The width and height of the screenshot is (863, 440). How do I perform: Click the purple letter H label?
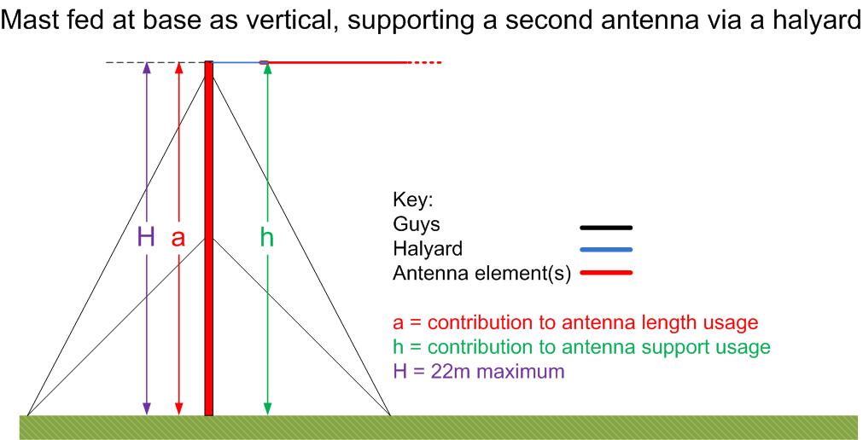point(146,238)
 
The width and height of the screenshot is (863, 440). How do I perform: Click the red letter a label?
point(178,239)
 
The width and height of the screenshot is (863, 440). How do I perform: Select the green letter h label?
point(267,238)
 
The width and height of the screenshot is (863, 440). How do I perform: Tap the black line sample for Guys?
point(606,227)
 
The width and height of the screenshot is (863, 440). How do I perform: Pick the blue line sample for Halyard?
point(606,250)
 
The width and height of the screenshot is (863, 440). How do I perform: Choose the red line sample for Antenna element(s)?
point(606,272)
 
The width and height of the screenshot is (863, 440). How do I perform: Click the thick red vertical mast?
point(208,238)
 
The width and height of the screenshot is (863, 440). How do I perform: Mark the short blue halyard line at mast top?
point(236,62)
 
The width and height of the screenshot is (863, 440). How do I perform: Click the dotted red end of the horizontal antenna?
point(423,63)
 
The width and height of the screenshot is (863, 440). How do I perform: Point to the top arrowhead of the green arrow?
point(267,67)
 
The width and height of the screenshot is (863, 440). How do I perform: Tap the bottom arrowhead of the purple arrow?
point(147,408)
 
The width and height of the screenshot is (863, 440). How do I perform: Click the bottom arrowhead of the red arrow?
point(178,408)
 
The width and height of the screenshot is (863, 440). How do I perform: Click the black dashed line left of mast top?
point(155,63)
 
